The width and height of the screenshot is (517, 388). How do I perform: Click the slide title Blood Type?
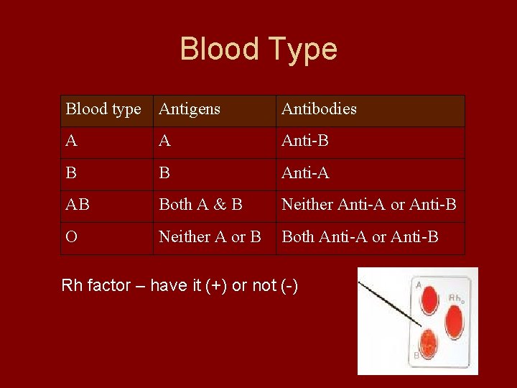pos(258,49)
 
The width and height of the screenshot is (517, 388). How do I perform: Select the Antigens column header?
pos(190,109)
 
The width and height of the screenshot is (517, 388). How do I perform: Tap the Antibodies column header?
pos(319,109)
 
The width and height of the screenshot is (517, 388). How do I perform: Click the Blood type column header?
pos(103,109)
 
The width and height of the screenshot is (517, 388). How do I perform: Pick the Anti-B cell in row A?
pos(305,141)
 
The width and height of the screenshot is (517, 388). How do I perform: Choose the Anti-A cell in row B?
pos(305,173)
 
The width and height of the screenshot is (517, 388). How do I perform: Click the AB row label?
pos(78,205)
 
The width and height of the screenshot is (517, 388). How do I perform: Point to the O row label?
pos(71,237)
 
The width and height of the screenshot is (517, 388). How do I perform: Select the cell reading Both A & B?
pos(200,205)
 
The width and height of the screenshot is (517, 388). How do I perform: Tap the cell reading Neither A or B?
pos(210,237)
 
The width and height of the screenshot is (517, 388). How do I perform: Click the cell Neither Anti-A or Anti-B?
pos(368,205)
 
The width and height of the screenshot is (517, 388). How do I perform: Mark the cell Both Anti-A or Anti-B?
pos(360,237)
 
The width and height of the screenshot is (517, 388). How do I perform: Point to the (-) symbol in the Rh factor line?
pos(289,286)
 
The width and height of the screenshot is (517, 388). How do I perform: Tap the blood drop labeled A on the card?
pos(429,299)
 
